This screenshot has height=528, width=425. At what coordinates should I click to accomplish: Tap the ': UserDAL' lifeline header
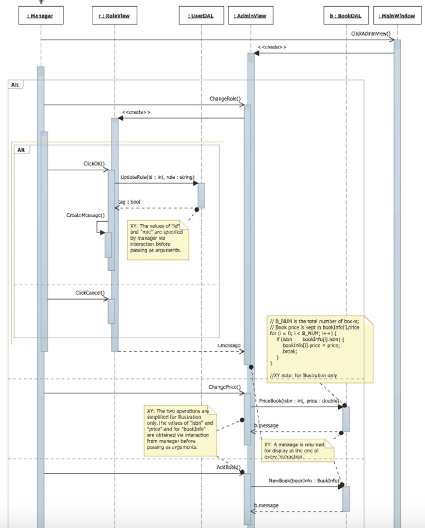(201, 16)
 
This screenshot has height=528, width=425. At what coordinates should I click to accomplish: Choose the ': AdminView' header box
(250, 16)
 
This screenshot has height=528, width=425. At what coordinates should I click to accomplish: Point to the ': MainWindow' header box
(397, 16)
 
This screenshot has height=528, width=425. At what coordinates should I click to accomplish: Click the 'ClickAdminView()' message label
(371, 34)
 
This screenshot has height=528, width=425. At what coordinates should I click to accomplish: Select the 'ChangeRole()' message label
(226, 98)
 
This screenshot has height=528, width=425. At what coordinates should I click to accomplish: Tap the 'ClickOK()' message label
(94, 163)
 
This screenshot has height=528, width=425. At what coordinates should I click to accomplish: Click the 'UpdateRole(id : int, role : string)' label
(157, 177)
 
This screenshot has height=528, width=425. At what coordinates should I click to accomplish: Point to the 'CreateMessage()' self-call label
(85, 214)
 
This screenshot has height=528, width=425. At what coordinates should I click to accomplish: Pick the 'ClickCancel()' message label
(90, 293)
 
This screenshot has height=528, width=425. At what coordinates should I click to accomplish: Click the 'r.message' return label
(228, 345)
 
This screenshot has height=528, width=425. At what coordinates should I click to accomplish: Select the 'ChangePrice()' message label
(225, 387)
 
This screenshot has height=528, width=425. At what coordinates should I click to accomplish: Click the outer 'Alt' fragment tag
(15, 84)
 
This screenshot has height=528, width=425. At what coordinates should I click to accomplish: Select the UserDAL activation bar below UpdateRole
(201, 195)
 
